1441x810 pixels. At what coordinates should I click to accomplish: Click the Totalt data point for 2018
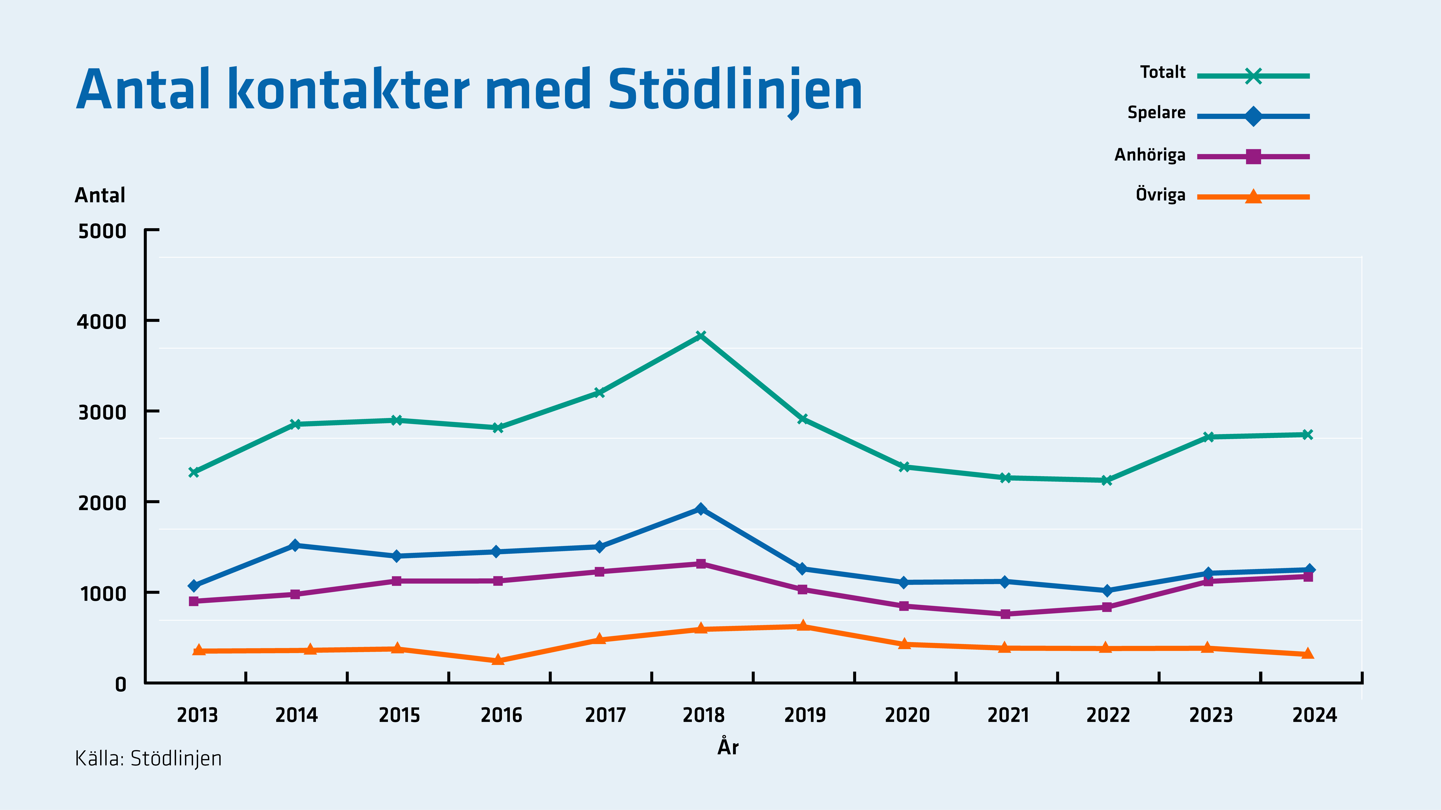pyautogui.click(x=701, y=335)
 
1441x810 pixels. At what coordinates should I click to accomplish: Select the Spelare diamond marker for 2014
pyautogui.click(x=295, y=545)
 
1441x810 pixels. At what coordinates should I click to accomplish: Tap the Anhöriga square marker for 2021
pyautogui.click(x=1005, y=614)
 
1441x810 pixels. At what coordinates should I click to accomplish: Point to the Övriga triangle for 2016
pyautogui.click(x=498, y=660)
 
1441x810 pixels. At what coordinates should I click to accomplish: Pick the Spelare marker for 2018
pyautogui.click(x=701, y=509)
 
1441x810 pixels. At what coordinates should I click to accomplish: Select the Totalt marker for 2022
pyautogui.click(x=1107, y=480)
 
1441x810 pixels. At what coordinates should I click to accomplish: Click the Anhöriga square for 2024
pyautogui.click(x=1308, y=576)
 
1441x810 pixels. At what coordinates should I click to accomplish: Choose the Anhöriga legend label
pyautogui.click(x=1150, y=155)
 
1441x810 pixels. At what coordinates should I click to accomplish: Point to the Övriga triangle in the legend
pyautogui.click(x=1254, y=196)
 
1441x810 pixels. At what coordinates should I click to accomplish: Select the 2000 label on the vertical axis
pyautogui.click(x=102, y=503)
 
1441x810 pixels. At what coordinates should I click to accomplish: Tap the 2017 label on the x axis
pyautogui.click(x=605, y=715)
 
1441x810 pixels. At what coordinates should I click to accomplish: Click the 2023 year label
pyautogui.click(x=1211, y=715)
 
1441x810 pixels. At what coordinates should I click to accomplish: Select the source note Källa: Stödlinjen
pyautogui.click(x=148, y=759)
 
